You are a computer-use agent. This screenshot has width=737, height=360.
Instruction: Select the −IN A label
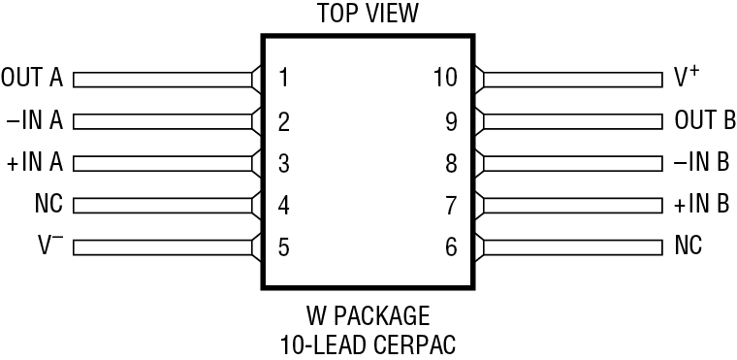point(34,121)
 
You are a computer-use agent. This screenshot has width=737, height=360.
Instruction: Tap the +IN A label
point(34,163)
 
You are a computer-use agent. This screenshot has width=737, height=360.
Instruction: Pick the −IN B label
point(702,163)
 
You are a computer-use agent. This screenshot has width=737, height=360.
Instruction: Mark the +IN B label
point(702,205)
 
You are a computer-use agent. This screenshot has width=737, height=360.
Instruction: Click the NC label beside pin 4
point(48,205)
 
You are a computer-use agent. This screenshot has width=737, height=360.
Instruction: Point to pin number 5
point(283,246)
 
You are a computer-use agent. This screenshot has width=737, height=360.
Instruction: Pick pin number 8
point(451,163)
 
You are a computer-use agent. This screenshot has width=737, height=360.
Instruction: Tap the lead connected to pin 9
point(572,121)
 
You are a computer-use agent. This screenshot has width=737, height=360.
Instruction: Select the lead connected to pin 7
point(572,205)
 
